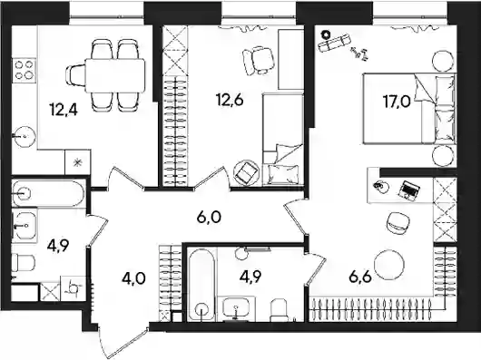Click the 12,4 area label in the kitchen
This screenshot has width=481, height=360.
pyautogui.click(x=64, y=111)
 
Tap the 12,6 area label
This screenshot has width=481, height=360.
pyautogui.click(x=231, y=99)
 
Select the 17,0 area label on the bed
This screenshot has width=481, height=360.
pyautogui.click(x=397, y=102)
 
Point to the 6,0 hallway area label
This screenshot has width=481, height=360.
pyautogui.click(x=209, y=218)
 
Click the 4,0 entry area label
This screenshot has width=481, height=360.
pyautogui.click(x=133, y=279)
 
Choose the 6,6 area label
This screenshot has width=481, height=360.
pyautogui.click(x=360, y=277)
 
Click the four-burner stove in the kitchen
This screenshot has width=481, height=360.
pyautogui.click(x=24, y=70)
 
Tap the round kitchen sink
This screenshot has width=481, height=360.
pyautogui.click(x=24, y=137)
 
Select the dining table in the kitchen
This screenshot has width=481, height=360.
pyautogui.click(x=114, y=75)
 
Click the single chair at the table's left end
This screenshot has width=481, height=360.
pyautogui.click(x=75, y=75)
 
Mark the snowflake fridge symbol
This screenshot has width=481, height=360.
pyautogui.click(x=78, y=162)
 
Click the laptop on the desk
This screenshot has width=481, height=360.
pyautogui.click(x=409, y=190)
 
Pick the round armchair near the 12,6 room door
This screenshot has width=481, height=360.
pyautogui.click(x=247, y=173)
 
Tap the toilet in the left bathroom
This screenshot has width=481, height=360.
pyautogui.click(x=24, y=263)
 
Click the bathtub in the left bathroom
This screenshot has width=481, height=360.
pyautogui.click(x=48, y=193)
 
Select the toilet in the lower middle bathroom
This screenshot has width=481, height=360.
pyautogui.click(x=279, y=309)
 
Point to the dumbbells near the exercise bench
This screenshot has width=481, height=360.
pyautogui.click(x=359, y=53)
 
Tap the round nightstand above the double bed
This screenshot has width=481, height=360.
pyautogui.click(x=443, y=62)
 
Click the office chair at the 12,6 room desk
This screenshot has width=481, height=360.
pyautogui.click(x=259, y=61)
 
